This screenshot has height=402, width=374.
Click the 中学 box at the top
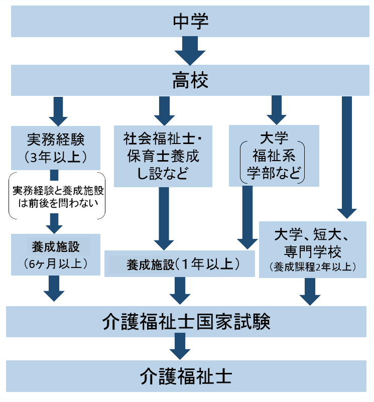tap(190, 21)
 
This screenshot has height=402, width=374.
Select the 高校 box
tap(190, 80)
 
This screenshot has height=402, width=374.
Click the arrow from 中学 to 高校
tap(190, 51)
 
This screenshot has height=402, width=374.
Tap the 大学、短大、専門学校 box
tap(315, 249)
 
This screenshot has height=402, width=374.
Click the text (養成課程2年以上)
tap(314, 266)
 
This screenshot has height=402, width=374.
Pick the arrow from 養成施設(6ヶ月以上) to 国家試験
tap(56, 288)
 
